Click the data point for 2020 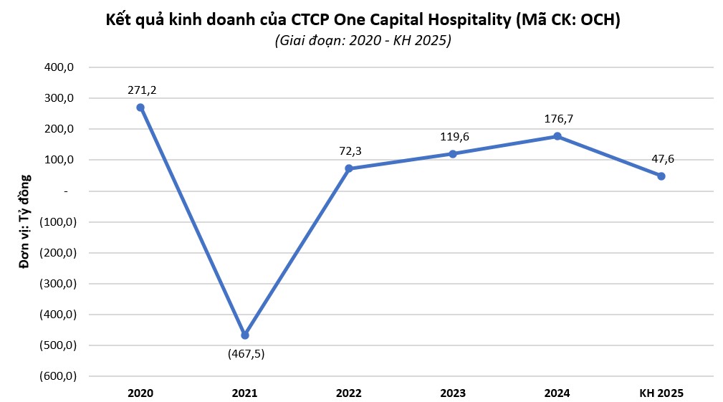click(x=140, y=107)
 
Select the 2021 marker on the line click(x=245, y=335)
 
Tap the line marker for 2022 click(x=349, y=168)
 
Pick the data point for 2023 click(x=453, y=154)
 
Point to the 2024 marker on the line click(x=557, y=136)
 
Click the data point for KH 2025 click(x=661, y=176)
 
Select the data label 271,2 click(x=140, y=90)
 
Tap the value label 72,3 click(x=349, y=152)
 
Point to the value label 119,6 click(x=453, y=137)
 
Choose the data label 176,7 click(x=557, y=119)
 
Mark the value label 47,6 click(x=661, y=159)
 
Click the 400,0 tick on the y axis click(x=61, y=67)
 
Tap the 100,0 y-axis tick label click(x=61, y=160)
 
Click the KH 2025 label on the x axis click(x=661, y=393)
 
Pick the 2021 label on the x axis click(x=245, y=393)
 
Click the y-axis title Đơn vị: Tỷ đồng click(x=25, y=221)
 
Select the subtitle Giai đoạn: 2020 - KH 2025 click(x=363, y=41)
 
